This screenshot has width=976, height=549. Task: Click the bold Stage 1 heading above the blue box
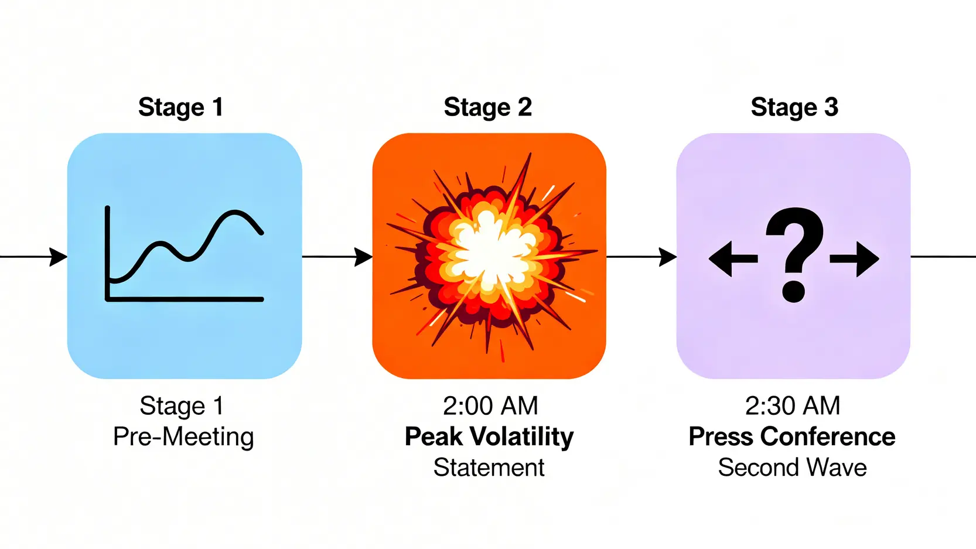pyautogui.click(x=180, y=107)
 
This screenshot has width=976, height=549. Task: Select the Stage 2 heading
pyautogui.click(x=487, y=107)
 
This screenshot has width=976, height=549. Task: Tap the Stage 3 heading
pyautogui.click(x=794, y=107)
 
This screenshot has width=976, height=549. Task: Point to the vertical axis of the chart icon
pyautogui.click(x=108, y=252)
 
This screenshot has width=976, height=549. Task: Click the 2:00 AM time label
pyautogui.click(x=490, y=405)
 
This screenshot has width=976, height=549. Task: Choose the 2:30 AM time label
pyautogui.click(x=792, y=405)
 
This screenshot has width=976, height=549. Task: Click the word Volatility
pyautogui.click(x=522, y=437)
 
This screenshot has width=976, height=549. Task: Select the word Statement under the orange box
pyautogui.click(x=489, y=468)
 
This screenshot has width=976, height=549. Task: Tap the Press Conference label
pyautogui.click(x=792, y=437)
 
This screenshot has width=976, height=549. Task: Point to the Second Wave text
pyautogui.click(x=792, y=468)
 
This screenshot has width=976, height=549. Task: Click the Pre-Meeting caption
pyautogui.click(x=183, y=437)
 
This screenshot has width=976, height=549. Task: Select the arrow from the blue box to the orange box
pyautogui.click(x=337, y=257)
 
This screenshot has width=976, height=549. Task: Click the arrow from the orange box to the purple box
pyautogui.click(x=641, y=257)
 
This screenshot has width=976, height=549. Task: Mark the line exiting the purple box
pyautogui.click(x=943, y=257)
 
